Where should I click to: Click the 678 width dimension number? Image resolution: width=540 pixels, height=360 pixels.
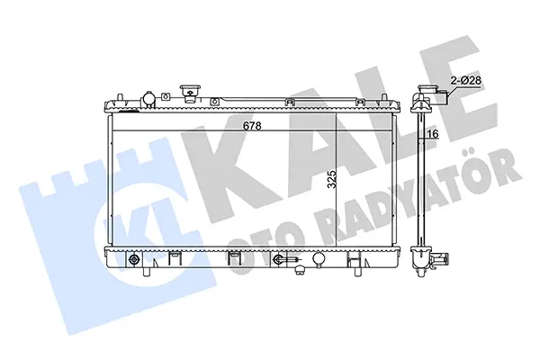[252, 126]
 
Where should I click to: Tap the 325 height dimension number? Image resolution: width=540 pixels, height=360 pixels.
[332, 179]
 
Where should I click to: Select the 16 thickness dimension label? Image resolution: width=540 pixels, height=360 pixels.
[435, 134]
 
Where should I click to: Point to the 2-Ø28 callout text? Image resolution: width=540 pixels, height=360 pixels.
[465, 81]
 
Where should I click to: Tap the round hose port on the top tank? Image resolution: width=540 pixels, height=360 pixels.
[148, 98]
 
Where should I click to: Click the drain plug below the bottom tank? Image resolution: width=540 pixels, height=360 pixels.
[300, 271]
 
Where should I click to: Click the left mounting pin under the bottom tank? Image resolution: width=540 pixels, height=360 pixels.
[147, 271]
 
